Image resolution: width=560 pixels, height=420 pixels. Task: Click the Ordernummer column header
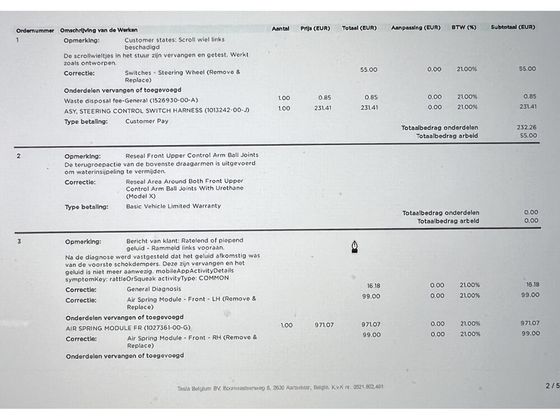pos(35,30)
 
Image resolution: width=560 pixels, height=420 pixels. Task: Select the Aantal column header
pos(280,28)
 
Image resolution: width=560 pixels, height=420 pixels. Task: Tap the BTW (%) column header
pos(464,27)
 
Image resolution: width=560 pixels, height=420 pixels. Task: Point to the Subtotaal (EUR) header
pos(512,27)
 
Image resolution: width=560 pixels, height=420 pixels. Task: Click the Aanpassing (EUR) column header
pos(416,27)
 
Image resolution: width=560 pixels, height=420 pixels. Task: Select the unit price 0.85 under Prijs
pos(324,97)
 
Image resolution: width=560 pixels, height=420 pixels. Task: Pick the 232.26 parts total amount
pos(526,127)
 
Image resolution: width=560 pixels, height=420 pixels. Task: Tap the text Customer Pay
pos(147,121)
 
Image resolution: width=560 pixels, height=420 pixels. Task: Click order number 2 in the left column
pos(18,156)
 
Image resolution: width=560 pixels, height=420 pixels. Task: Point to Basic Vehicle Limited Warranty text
pos(173,206)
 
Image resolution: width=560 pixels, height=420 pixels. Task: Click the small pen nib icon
pos(354,246)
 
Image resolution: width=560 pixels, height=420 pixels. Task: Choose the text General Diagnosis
pos(154,289)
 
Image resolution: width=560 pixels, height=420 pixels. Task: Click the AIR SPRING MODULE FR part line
pos(128,328)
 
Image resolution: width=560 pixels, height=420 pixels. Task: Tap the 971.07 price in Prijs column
pos(324,325)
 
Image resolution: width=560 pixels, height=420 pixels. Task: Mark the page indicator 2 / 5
pos(552,386)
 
